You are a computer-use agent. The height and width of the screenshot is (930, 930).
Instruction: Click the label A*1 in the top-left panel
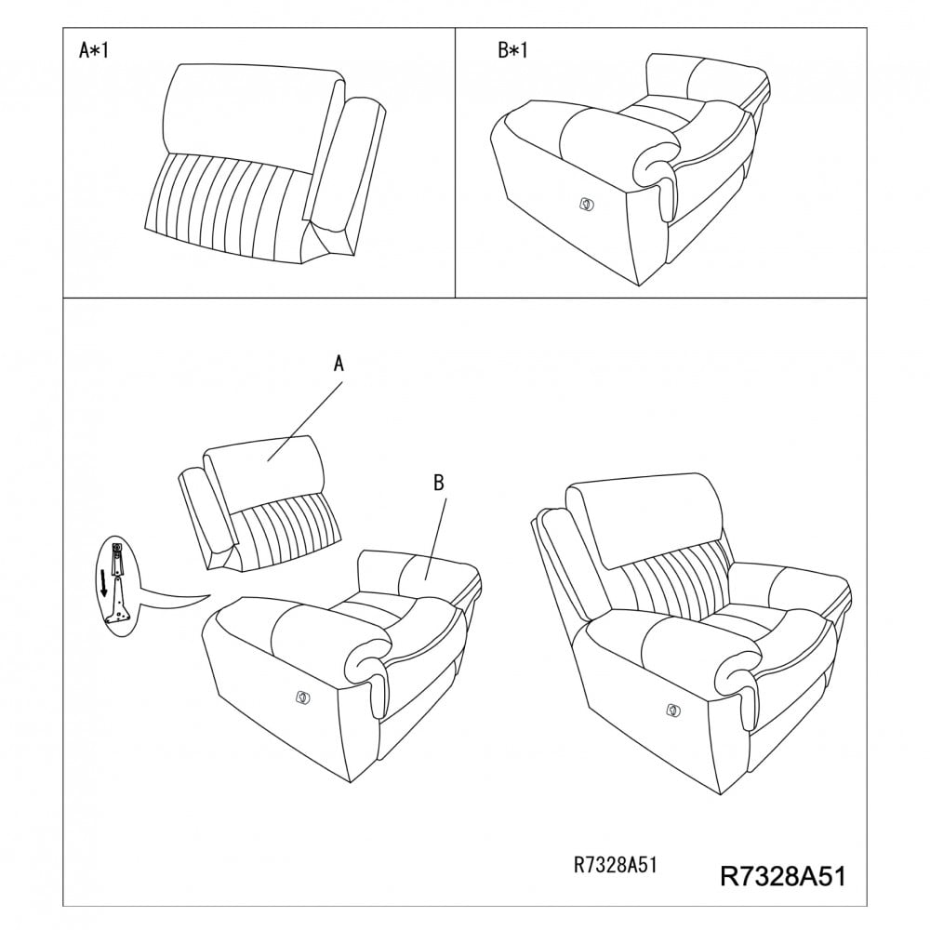tap(94, 50)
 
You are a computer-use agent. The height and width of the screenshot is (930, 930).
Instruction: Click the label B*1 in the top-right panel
tap(513, 50)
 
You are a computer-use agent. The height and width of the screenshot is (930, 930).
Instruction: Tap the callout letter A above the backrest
tap(339, 363)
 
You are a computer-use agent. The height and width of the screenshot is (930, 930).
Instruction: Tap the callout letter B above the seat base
tap(439, 483)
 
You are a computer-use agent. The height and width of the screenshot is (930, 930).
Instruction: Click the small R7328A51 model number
tap(615, 865)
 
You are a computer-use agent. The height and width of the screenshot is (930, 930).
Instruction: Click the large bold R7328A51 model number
tap(783, 876)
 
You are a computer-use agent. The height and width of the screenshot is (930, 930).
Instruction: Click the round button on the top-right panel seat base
tap(586, 205)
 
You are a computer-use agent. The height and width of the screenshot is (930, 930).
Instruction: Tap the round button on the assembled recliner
tap(672, 709)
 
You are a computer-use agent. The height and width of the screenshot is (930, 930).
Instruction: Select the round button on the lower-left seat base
tap(302, 697)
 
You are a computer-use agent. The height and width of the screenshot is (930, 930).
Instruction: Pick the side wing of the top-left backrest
tap(347, 172)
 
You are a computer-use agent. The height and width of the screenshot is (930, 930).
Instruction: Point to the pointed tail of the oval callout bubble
tap(210, 595)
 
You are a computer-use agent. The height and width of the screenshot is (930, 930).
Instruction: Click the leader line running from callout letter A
tap(305, 421)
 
